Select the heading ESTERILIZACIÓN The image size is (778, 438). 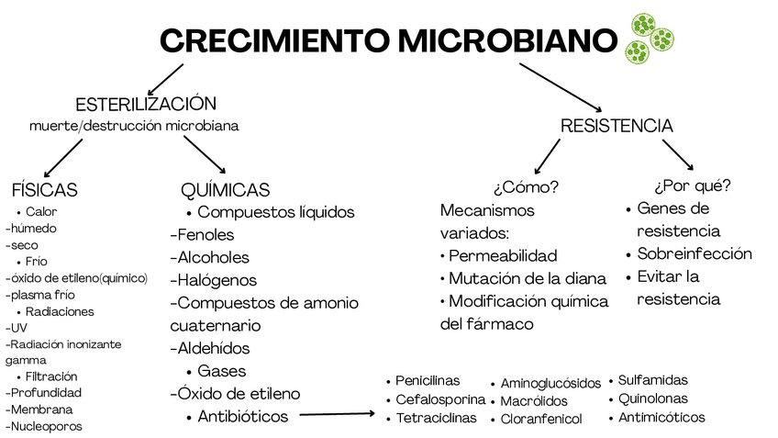[146, 104]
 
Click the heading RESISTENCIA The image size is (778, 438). [617, 126]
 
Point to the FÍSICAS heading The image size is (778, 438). [44, 190]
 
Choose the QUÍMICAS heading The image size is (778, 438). [226, 190]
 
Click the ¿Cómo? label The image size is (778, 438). [526, 187]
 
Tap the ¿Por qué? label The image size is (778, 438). [693, 185]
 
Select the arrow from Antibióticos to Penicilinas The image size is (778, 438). [338, 415]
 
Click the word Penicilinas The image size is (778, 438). [428, 380]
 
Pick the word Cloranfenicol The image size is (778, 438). [541, 419]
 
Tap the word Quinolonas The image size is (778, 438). [653, 399]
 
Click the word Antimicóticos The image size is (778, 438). [661, 417]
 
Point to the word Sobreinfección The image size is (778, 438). [695, 253]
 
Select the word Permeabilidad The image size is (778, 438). [503, 255]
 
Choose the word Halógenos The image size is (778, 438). [217, 280]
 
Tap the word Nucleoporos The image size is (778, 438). [46, 426]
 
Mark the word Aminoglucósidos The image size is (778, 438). [550, 383]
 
